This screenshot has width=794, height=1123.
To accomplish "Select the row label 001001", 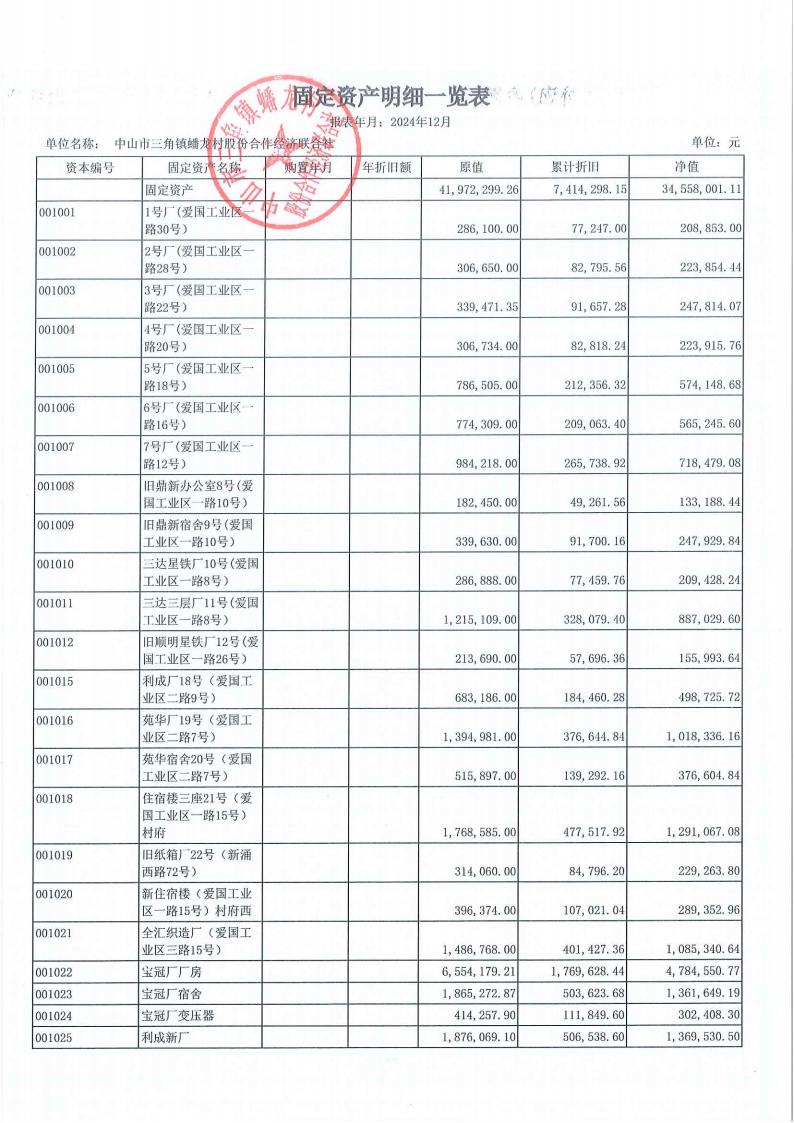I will click(56, 213).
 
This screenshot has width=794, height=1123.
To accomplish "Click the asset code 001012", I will click(56, 642).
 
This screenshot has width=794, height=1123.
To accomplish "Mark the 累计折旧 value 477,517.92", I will click(588, 831).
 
